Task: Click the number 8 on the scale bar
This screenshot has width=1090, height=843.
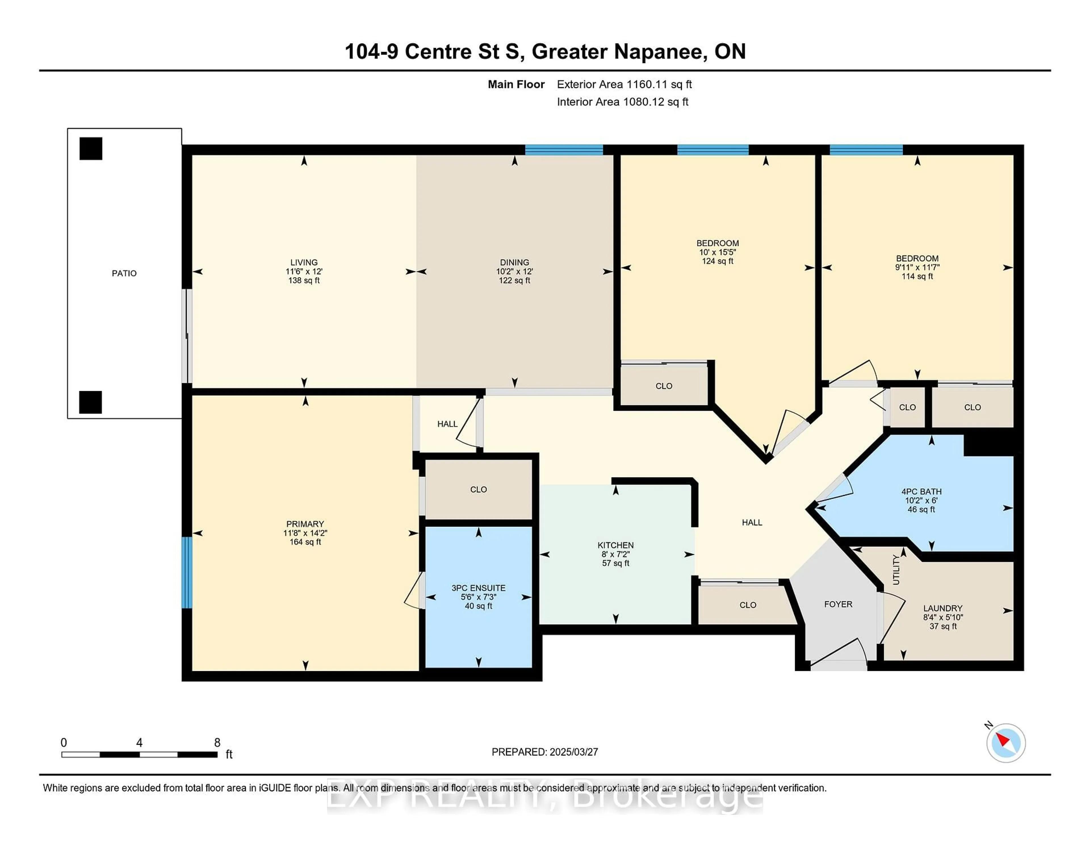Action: click(x=217, y=743)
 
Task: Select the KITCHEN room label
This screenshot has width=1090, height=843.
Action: click(x=615, y=545)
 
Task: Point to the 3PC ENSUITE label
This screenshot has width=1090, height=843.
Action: click(x=478, y=588)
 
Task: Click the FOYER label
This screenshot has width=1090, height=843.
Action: click(x=838, y=604)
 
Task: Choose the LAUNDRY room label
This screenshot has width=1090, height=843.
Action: click(x=942, y=608)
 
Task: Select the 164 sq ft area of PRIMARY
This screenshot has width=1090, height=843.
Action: click(x=305, y=542)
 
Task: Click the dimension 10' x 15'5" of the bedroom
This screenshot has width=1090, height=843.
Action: click(x=717, y=252)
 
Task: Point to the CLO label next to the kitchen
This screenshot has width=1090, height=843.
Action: click(x=748, y=605)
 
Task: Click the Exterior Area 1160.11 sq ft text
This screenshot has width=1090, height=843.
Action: click(x=624, y=84)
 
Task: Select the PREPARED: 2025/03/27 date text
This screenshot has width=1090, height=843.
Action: click(x=544, y=752)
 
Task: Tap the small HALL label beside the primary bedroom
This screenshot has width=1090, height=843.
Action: click(x=447, y=424)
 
